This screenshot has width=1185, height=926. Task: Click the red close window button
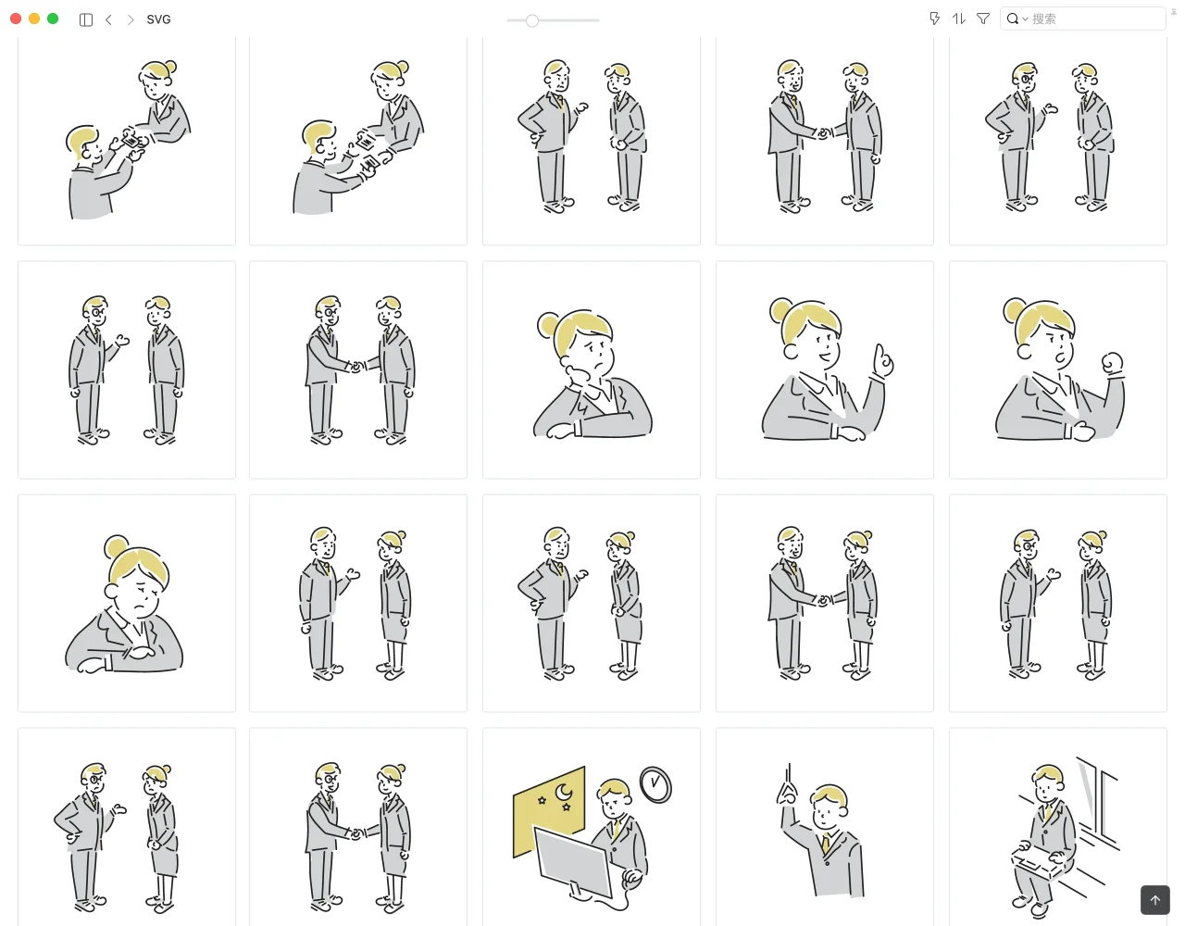click(16, 19)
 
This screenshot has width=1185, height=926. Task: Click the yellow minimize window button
click(34, 19)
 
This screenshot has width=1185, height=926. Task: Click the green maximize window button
click(53, 19)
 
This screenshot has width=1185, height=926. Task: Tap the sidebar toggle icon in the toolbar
click(85, 19)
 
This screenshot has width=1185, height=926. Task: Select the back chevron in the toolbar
click(108, 19)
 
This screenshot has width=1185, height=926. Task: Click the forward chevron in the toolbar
click(131, 19)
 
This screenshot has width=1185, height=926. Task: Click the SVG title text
click(158, 19)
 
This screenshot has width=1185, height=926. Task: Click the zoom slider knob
click(532, 20)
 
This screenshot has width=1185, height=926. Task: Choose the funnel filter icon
click(982, 19)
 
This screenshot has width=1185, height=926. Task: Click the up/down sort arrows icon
click(959, 19)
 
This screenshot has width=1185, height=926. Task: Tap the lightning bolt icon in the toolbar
click(934, 19)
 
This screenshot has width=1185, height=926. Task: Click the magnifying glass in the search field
click(1012, 19)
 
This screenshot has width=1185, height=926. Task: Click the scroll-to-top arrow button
click(1155, 900)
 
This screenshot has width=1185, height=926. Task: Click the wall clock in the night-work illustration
click(655, 784)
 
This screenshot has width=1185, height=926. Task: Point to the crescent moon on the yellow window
click(563, 792)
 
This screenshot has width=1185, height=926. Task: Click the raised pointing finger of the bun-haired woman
click(882, 359)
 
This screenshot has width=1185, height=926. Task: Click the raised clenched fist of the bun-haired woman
click(1113, 363)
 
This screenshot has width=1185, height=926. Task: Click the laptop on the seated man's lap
click(1036, 862)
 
